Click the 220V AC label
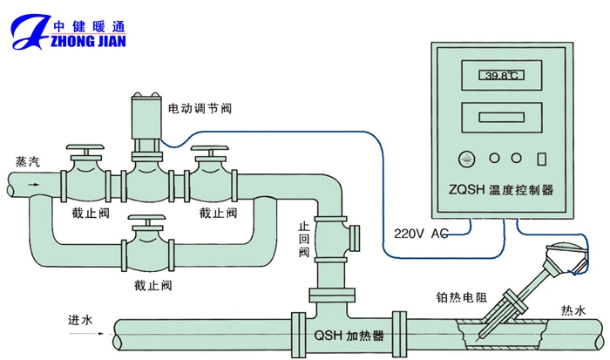[x=421, y=234]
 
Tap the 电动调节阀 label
[x=200, y=109]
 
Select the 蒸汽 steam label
[x=27, y=161]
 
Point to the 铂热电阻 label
[x=461, y=297]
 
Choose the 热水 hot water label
[x=573, y=309]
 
